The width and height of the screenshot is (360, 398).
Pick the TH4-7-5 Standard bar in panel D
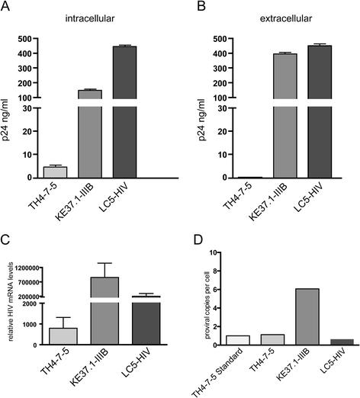coord(214,340)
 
